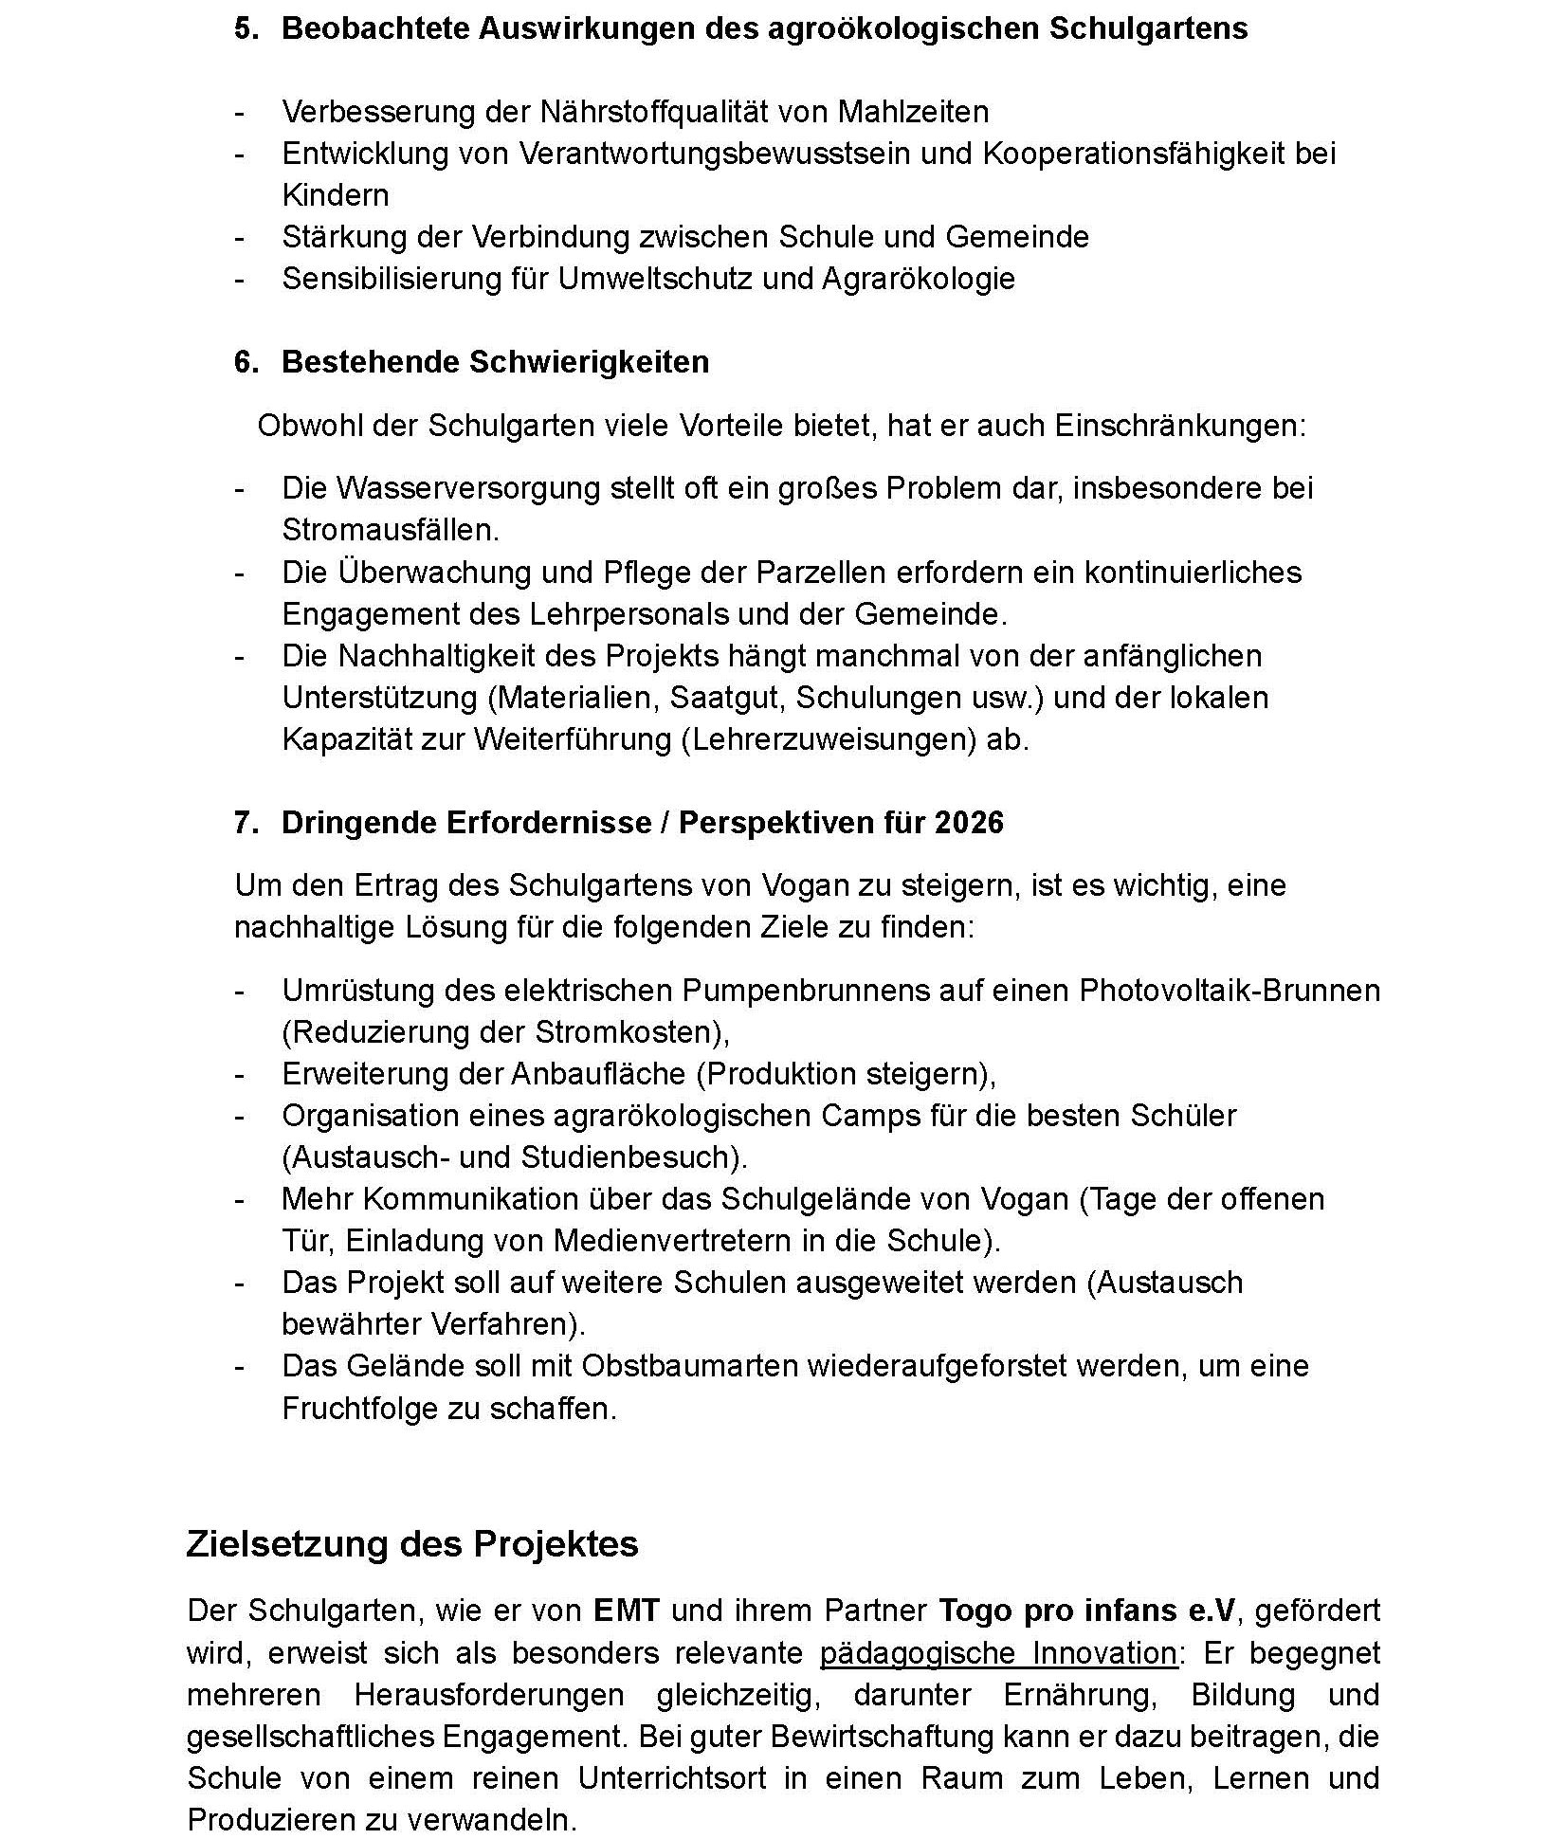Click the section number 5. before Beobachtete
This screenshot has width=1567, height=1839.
(246, 28)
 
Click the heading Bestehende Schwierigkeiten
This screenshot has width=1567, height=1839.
(495, 362)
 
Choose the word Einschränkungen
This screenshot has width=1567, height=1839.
(1179, 426)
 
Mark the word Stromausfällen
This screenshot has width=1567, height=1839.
(390, 530)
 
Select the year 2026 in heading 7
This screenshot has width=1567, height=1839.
(968, 822)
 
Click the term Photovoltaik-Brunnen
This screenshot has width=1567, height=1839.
(1230, 991)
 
